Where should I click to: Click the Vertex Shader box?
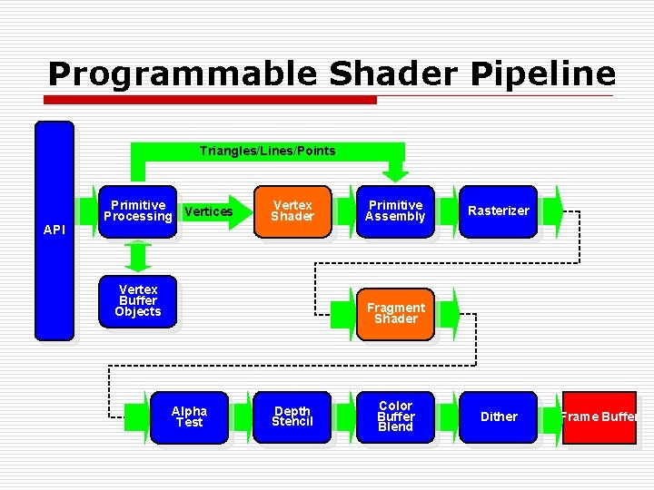point(292,211)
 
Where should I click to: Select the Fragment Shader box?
point(395,313)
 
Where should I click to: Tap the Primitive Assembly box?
point(395,211)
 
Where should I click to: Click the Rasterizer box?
point(498,211)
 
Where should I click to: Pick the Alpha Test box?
point(189,416)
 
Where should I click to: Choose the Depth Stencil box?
point(292,416)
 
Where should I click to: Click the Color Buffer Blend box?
point(395,416)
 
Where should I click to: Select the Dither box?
point(498,416)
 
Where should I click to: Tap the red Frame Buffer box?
point(599,417)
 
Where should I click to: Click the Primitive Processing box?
point(137,211)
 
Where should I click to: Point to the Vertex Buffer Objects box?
point(137,300)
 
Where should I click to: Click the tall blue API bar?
point(54,230)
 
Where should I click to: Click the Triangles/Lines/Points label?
point(267,151)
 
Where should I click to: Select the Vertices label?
point(208,212)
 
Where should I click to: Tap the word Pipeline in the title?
point(542,73)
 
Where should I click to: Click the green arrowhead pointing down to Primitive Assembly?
point(395,172)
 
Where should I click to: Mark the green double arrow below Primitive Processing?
point(137,257)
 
